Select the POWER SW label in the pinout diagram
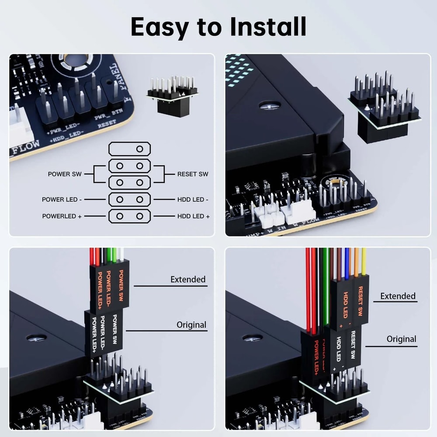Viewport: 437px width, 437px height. point(65,174)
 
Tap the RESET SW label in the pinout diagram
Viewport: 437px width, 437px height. point(193,174)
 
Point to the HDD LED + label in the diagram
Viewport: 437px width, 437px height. point(193,216)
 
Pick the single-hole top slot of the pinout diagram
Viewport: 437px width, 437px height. point(130,149)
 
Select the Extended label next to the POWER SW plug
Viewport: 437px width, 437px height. point(188,279)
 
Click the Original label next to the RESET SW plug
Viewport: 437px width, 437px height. point(401,339)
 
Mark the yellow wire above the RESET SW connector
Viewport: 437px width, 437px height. point(364,261)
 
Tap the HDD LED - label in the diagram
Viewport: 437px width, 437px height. point(193,199)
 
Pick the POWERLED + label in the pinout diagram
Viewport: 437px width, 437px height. point(62,216)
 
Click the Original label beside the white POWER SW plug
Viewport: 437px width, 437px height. point(191,325)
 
